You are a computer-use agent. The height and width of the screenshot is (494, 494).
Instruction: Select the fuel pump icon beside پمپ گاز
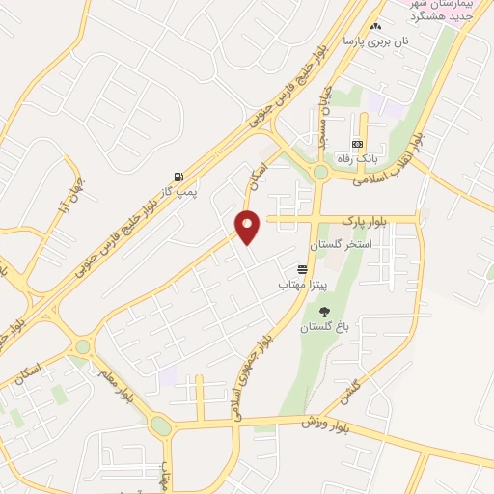pos(178,177)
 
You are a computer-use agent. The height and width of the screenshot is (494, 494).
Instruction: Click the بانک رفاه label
pos(357,157)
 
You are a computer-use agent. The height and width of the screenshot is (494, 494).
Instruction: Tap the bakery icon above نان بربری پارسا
pos(376,27)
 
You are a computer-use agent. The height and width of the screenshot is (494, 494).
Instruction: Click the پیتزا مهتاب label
pos(304,285)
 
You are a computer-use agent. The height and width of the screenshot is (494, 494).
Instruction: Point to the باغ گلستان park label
pos(322,327)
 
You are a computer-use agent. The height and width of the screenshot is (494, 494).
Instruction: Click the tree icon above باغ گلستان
pos(323,311)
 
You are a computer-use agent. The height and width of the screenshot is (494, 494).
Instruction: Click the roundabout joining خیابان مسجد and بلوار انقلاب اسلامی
pos(319,172)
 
